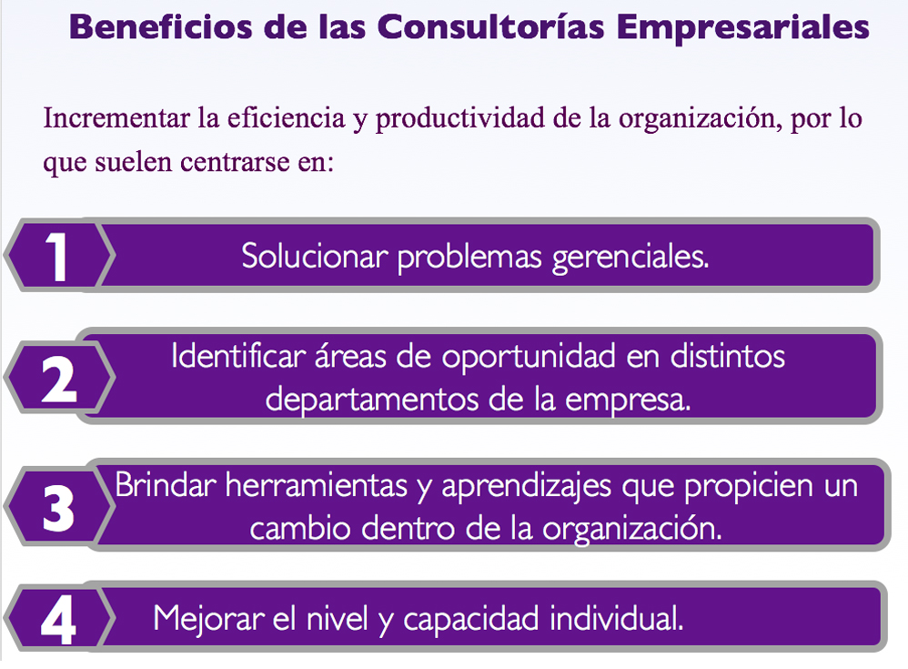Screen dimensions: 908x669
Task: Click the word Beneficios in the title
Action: [160, 27]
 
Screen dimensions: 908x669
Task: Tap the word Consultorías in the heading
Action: [490, 27]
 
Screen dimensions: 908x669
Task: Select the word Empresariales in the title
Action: [743, 27]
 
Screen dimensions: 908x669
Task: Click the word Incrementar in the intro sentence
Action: [116, 118]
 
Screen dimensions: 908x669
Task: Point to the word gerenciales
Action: [630, 258]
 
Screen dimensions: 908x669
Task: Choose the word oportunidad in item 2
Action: [528, 358]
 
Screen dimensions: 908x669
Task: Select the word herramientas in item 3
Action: [317, 485]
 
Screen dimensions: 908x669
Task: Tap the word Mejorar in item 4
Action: [208, 619]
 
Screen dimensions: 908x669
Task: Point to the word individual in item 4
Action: [617, 618]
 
